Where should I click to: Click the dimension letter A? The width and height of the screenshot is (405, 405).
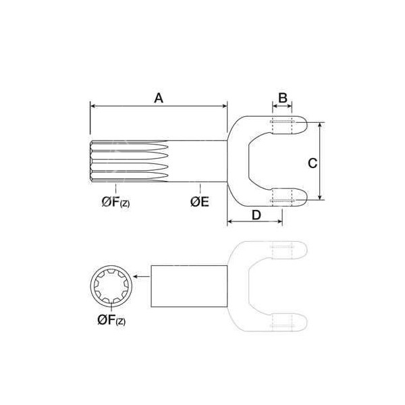tap(159, 98)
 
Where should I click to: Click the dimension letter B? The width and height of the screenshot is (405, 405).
tap(283, 98)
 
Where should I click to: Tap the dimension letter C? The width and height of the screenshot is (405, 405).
tap(313, 163)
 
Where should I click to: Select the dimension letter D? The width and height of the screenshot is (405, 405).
tap(256, 215)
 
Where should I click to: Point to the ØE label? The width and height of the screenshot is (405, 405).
tap(199, 202)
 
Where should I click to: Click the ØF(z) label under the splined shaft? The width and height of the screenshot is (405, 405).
tap(115, 202)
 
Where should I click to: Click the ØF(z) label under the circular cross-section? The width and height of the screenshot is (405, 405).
tap(111, 320)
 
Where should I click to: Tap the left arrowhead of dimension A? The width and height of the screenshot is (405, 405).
tap(92, 106)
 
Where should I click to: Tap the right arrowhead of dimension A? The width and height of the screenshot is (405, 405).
tap(225, 106)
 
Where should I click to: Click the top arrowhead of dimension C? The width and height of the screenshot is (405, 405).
tap(320, 124)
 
